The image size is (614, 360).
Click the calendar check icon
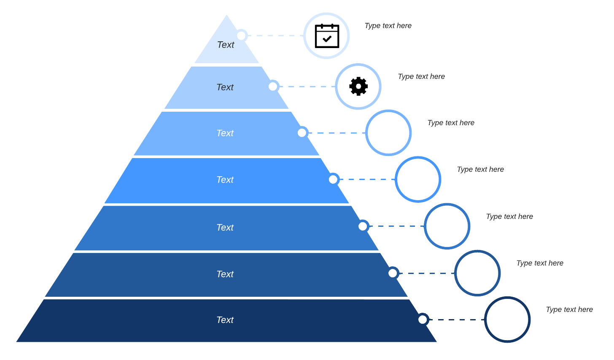click(327, 36)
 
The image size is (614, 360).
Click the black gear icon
click(358, 86)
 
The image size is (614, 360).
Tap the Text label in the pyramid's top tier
click(226, 45)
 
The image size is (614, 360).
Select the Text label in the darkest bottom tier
click(225, 320)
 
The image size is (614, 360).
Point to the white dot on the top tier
click(241, 35)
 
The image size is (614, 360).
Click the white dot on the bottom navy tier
click(423, 320)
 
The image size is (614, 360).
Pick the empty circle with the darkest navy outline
click(507, 320)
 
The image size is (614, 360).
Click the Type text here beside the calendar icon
click(388, 26)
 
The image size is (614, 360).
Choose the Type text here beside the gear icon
click(421, 76)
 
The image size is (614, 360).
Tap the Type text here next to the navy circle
click(569, 309)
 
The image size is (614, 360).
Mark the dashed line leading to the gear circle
click(307, 86)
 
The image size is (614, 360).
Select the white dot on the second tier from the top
click(273, 86)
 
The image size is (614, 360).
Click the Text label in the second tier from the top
click(225, 87)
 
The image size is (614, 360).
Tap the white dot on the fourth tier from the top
click(333, 180)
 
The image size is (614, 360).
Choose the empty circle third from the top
click(388, 133)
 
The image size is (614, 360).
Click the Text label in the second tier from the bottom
click(225, 274)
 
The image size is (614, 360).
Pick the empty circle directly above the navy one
click(477, 273)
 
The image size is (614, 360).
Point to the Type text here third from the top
click(451, 123)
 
